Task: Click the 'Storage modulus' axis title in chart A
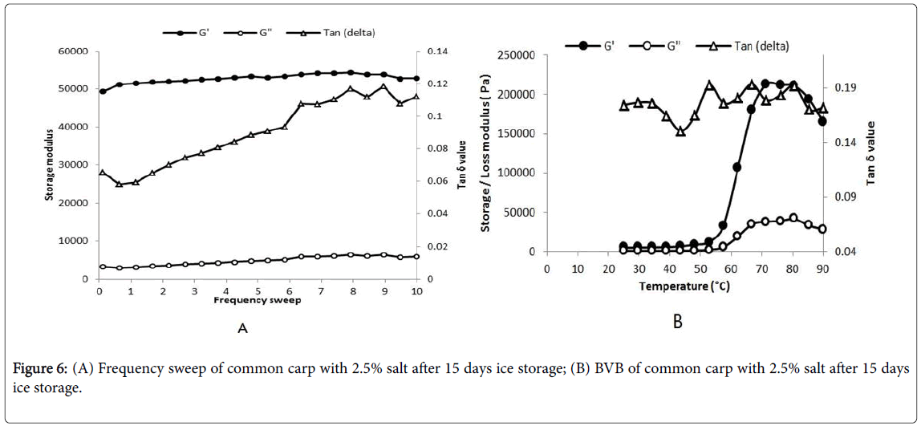click(50, 165)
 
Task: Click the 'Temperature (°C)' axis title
click(684, 286)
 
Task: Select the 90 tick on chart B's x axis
click(822, 268)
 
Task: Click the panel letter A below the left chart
click(241, 327)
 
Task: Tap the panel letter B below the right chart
click(677, 323)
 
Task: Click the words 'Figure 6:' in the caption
click(39, 369)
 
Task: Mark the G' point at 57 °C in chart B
click(723, 225)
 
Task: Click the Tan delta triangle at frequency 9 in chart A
click(383, 87)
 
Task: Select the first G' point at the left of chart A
click(103, 91)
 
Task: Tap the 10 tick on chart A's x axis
click(416, 290)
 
